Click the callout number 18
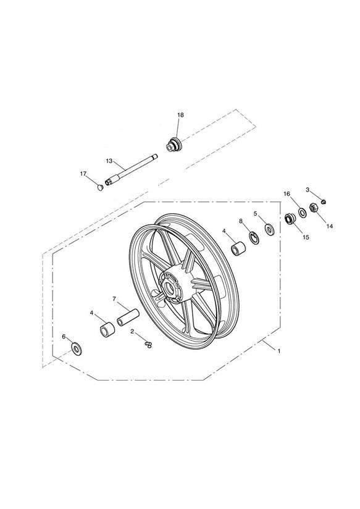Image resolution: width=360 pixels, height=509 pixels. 180,115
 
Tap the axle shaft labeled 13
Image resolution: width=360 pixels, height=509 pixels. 132,170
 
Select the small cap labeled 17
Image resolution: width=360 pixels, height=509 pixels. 100,187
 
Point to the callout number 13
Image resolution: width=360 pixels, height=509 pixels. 109,161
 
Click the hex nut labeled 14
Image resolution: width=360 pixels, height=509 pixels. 314,207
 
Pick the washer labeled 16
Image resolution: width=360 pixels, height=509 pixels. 302,213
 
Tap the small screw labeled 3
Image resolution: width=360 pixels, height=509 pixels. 324,202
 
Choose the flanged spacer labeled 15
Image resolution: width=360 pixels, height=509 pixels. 289,219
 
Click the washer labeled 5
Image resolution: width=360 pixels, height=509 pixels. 269,229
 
